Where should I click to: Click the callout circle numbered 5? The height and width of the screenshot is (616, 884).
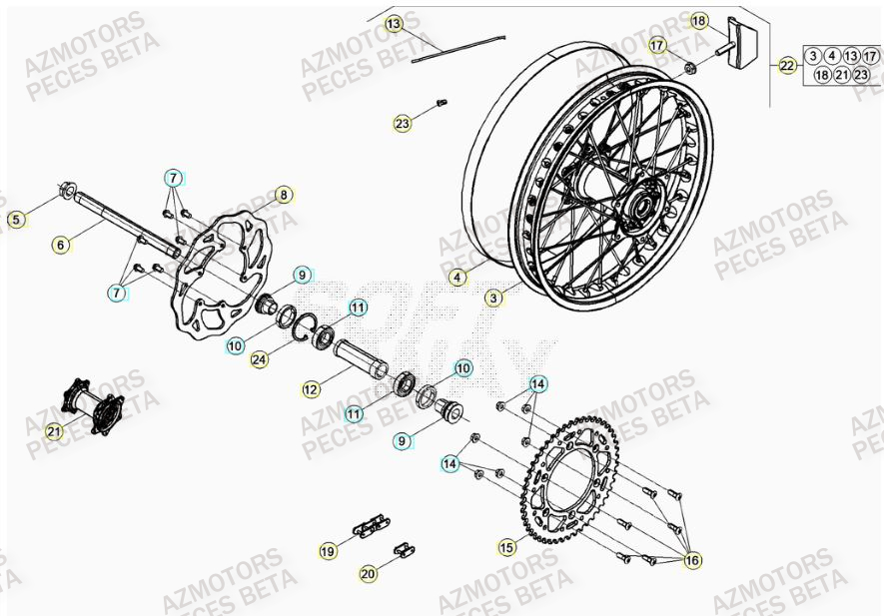click(x=15, y=218)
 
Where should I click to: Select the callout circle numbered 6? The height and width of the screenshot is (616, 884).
click(x=61, y=243)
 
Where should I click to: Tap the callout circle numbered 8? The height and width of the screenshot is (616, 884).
click(x=283, y=195)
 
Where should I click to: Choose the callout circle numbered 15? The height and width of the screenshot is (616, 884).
click(x=507, y=546)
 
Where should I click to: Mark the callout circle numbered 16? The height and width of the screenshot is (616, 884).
click(x=692, y=562)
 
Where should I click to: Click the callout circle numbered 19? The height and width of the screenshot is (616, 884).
click(x=328, y=550)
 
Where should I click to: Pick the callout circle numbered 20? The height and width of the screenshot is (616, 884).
click(x=368, y=573)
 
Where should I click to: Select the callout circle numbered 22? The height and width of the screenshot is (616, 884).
click(x=788, y=66)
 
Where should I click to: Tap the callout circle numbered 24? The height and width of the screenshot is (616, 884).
click(x=258, y=359)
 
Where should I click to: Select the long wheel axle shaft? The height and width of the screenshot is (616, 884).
click(x=125, y=226)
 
